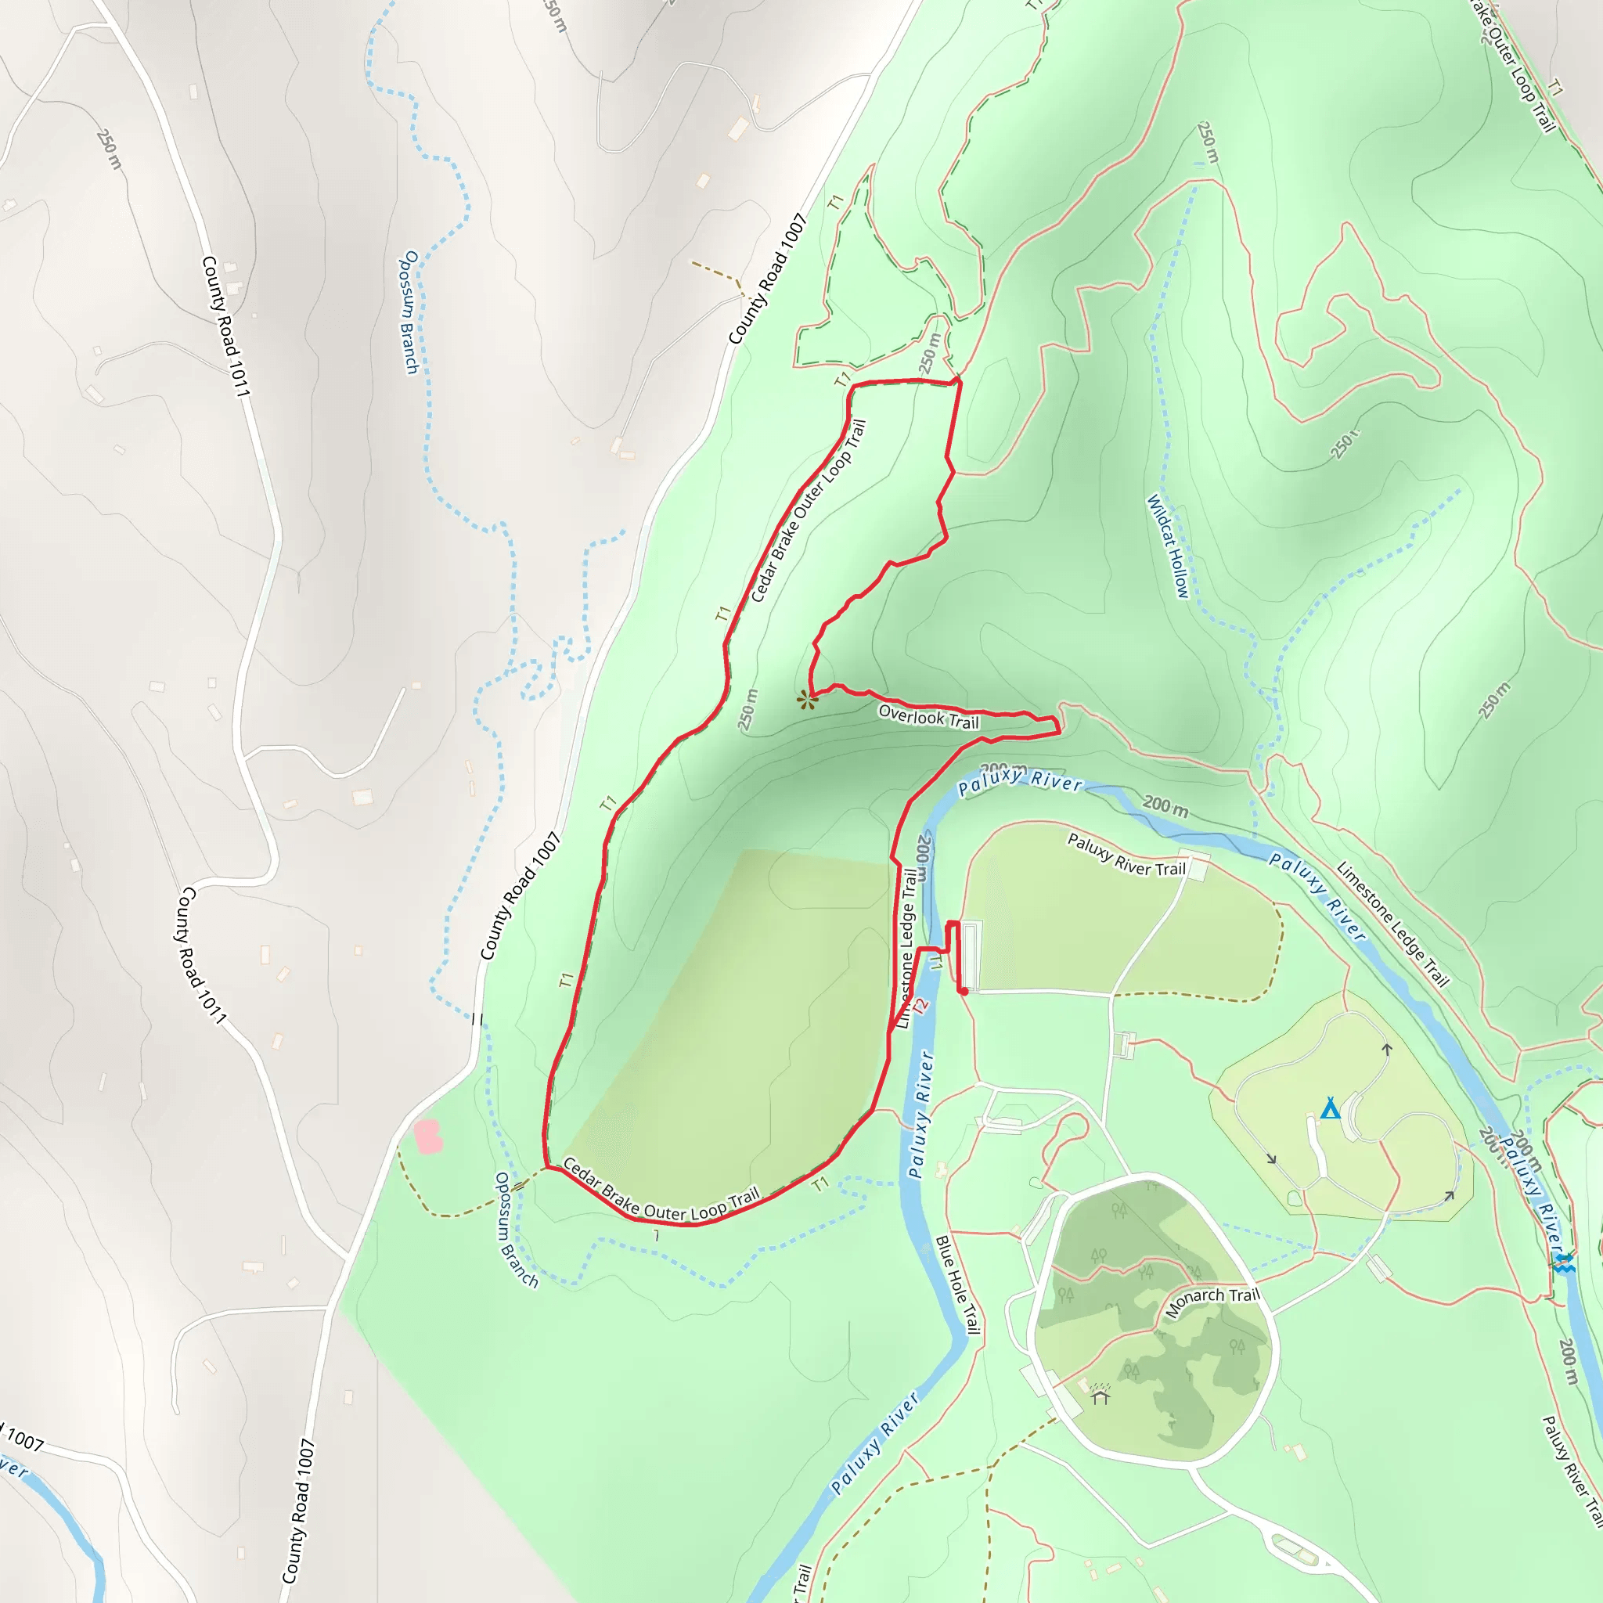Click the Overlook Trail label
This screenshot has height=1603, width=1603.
[x=928, y=716]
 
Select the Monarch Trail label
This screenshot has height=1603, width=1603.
[x=1212, y=1302]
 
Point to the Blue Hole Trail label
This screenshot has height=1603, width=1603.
[x=958, y=1285]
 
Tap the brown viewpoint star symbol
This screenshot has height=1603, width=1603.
[x=806, y=701]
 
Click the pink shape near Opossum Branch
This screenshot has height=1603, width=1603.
[x=427, y=1136]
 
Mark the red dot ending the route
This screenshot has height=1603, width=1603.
[x=964, y=991]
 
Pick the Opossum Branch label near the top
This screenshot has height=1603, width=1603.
[x=410, y=312]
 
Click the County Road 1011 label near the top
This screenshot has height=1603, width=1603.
[x=225, y=326]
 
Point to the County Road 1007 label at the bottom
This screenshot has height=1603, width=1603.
[x=300, y=1510]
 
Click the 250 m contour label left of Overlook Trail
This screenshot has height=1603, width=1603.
[x=748, y=709]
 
